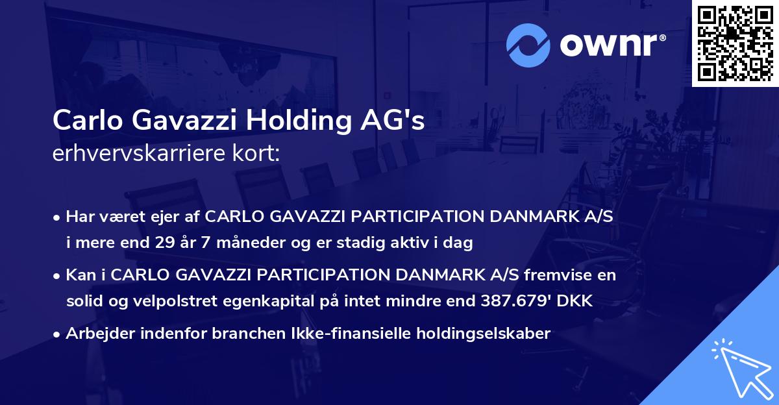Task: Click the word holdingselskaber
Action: click(x=486, y=334)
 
